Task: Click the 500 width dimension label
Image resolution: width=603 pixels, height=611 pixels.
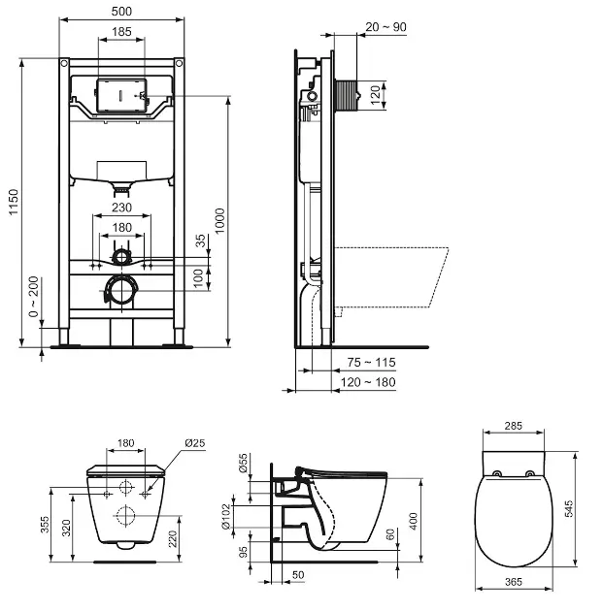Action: click(121, 12)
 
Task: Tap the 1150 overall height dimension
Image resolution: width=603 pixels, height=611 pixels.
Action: click(14, 202)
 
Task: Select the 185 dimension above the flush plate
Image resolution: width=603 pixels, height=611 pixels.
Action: click(121, 32)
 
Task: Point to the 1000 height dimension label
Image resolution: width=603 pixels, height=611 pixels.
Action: click(219, 221)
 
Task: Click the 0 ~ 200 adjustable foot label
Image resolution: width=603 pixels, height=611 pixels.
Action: click(34, 297)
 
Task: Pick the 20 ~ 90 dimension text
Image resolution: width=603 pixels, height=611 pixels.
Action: click(385, 27)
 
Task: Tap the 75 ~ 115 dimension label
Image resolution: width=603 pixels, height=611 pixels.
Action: click(371, 363)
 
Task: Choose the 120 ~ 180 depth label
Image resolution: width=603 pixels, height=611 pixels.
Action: click(368, 382)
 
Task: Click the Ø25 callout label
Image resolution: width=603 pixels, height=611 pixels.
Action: click(194, 443)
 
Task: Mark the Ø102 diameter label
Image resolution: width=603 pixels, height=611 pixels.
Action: click(226, 517)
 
